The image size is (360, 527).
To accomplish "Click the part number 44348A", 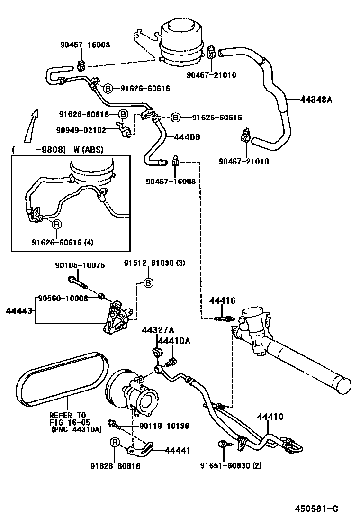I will (x=316, y=100).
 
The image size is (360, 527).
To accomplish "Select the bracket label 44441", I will (x=177, y=450).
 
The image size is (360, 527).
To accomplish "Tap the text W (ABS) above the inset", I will (x=89, y=150).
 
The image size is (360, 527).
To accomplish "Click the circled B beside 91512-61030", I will (x=148, y=283).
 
